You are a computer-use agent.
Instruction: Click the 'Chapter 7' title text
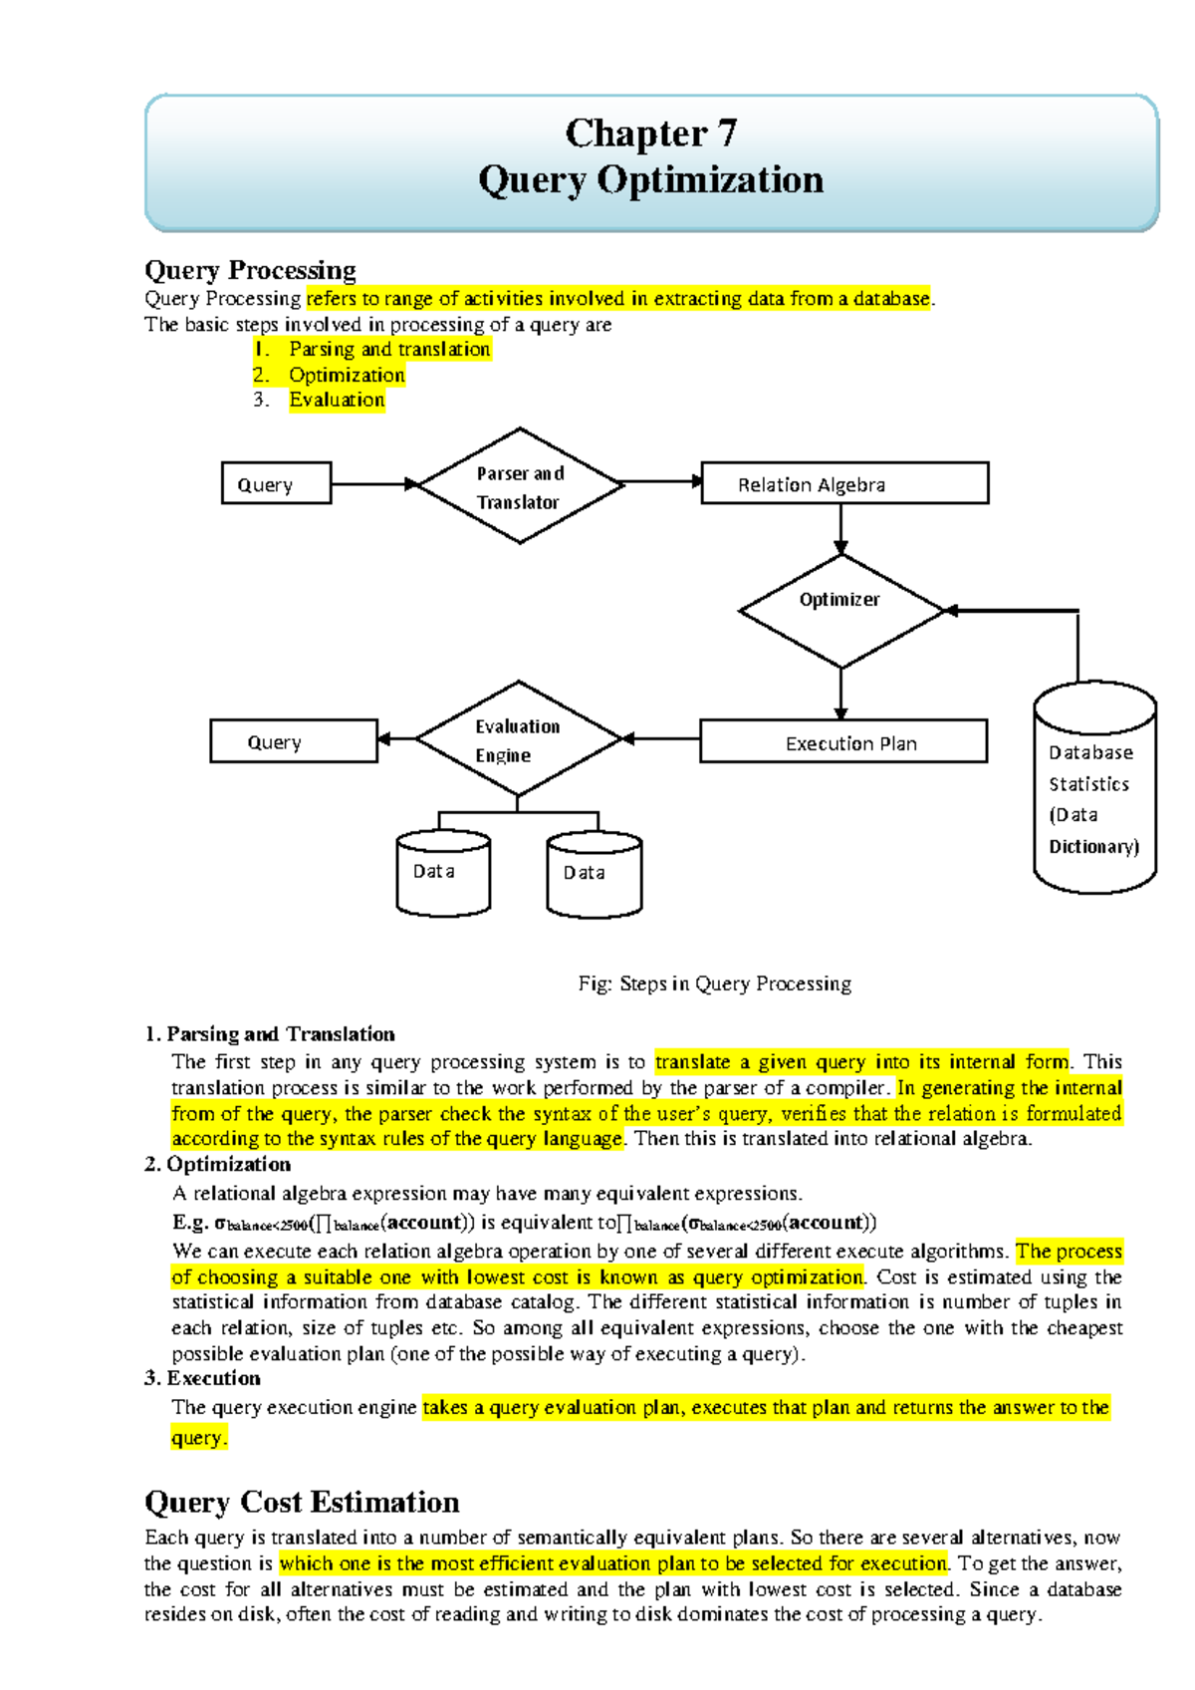pos(650,134)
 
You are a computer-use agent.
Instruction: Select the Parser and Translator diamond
pos(520,486)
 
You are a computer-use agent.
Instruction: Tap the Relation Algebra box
pos(844,484)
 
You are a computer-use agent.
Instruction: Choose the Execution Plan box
pos(843,742)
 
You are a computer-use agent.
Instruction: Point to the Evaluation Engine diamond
pos(518,739)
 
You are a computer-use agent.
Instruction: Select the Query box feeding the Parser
pos(276,484)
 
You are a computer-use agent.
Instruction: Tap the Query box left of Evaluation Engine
pos(294,741)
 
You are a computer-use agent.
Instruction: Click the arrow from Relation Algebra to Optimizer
pos(840,529)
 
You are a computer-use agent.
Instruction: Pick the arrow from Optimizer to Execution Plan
pos(840,694)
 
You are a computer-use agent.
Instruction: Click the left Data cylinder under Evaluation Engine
pos(443,873)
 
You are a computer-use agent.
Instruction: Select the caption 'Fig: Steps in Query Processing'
pos(714,985)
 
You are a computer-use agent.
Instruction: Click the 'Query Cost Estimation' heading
pos(302,1503)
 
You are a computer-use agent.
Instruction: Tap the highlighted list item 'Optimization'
pos(347,376)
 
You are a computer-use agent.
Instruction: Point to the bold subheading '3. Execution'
pos(203,1378)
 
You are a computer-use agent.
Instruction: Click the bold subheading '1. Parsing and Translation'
pos(270,1034)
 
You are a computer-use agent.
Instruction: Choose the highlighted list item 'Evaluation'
pos(337,401)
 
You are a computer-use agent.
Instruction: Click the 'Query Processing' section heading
pos(250,271)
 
